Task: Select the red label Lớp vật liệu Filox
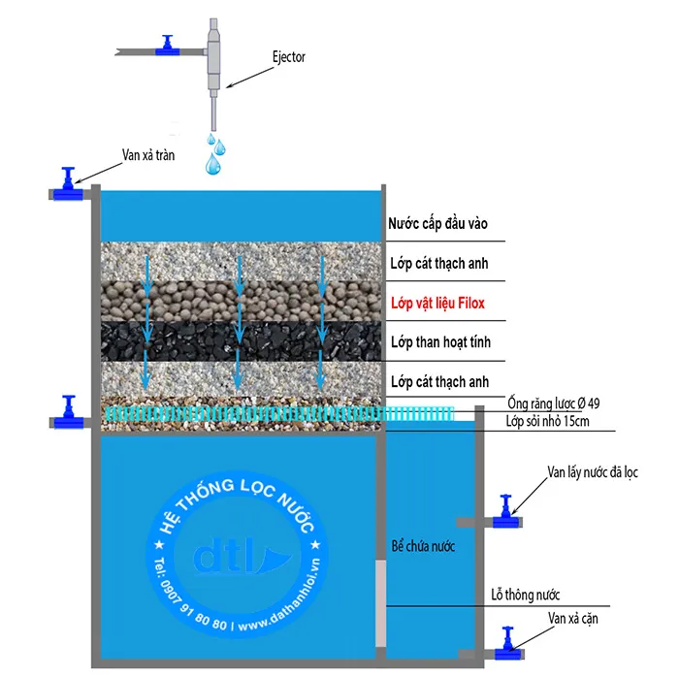(x=436, y=303)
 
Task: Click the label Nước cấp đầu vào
(x=437, y=224)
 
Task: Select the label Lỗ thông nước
(x=526, y=595)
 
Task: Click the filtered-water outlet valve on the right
(x=505, y=514)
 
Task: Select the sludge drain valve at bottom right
(x=505, y=647)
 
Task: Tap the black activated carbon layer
(x=242, y=342)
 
